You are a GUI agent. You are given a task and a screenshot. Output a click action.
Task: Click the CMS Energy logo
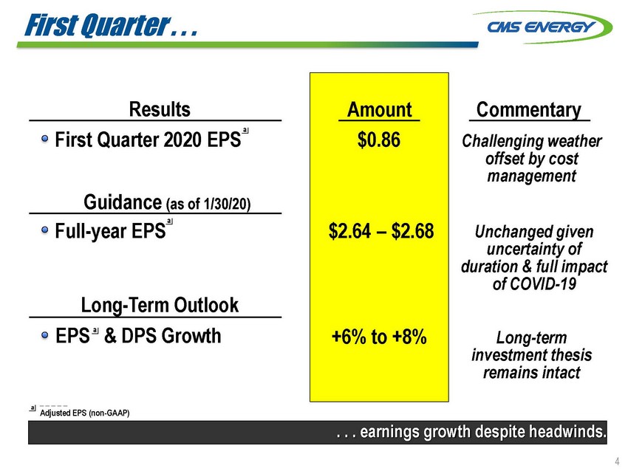pos(542,27)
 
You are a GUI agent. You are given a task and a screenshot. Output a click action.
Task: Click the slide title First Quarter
pos(112,25)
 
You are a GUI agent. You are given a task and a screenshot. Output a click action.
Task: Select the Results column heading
pos(160,109)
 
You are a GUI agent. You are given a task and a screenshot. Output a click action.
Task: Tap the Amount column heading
pos(379,110)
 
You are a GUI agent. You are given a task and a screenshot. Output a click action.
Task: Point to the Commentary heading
pos(529,110)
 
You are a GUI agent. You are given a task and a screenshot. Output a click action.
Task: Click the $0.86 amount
pos(379,140)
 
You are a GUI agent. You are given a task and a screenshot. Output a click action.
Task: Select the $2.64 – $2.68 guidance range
pos(381,231)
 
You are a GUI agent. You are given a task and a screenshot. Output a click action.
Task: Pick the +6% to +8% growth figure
pos(379,337)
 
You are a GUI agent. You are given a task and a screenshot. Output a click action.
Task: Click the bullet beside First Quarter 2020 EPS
pos(45,139)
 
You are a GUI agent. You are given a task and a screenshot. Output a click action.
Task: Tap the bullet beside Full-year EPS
pos(45,230)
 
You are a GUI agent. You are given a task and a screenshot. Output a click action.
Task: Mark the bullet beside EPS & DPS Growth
pos(45,335)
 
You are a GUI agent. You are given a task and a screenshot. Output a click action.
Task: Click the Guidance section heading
pos(167,202)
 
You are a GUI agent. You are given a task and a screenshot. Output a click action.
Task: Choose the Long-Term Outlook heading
pos(160,305)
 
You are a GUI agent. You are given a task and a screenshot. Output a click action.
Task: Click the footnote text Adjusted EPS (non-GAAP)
pos(84,413)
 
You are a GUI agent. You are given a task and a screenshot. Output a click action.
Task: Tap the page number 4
pos(617,461)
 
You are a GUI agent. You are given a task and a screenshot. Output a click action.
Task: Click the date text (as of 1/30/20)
pos(208,204)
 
